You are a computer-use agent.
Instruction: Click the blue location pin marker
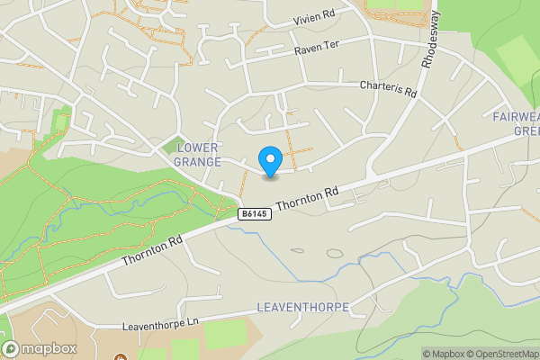pyautogui.click(x=270, y=161)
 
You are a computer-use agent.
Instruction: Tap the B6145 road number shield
pyautogui.click(x=253, y=214)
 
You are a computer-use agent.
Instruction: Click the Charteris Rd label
pyautogui.click(x=389, y=89)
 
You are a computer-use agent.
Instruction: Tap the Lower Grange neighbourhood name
pyautogui.click(x=199, y=154)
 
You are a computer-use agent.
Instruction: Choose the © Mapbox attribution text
pyautogui.click(x=445, y=354)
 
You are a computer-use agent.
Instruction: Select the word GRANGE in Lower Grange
pyautogui.click(x=199, y=162)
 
